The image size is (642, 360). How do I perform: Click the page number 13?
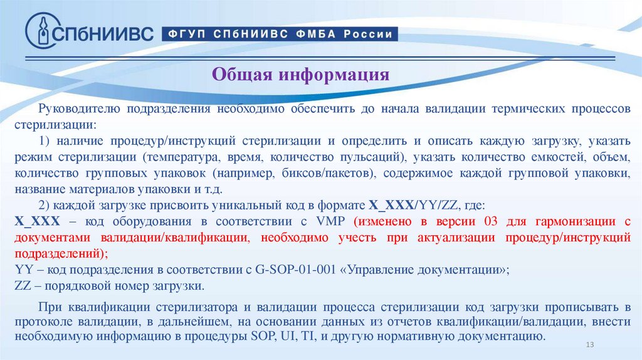tap(589, 346)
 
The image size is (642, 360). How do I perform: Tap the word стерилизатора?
tap(195, 307)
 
